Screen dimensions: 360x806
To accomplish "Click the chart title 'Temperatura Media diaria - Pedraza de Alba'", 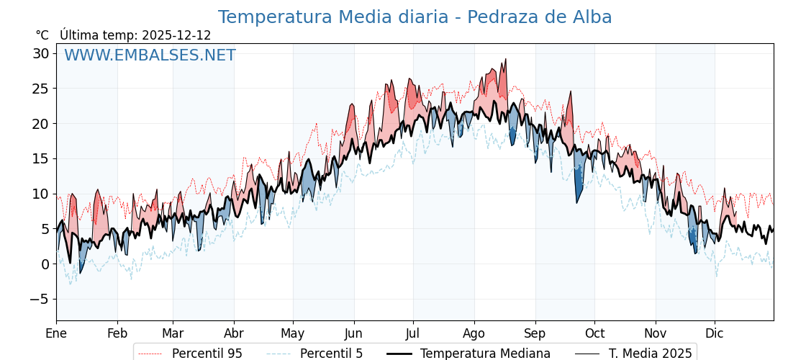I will point(415,17).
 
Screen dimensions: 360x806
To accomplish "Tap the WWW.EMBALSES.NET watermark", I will point(150,55).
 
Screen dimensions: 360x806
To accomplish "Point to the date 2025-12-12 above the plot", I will point(176,35).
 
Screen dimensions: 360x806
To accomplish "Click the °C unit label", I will point(42,35).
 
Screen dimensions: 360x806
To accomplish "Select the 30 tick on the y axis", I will point(40,53).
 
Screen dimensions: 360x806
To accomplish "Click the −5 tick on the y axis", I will point(40,299).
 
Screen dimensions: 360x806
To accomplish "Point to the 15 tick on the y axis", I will point(40,158).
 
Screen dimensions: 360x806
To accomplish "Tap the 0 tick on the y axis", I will point(45,264).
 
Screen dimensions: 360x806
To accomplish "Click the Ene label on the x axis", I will point(56,333).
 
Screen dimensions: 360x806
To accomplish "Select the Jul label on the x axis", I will point(413,333).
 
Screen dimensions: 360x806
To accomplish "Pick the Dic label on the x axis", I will point(715,333).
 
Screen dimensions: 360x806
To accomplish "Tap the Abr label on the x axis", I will point(234,333).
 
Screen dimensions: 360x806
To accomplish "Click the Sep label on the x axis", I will point(535,333).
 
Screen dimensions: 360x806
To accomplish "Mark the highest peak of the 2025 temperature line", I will point(506,59).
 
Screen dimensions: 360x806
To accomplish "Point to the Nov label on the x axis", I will point(656,333).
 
